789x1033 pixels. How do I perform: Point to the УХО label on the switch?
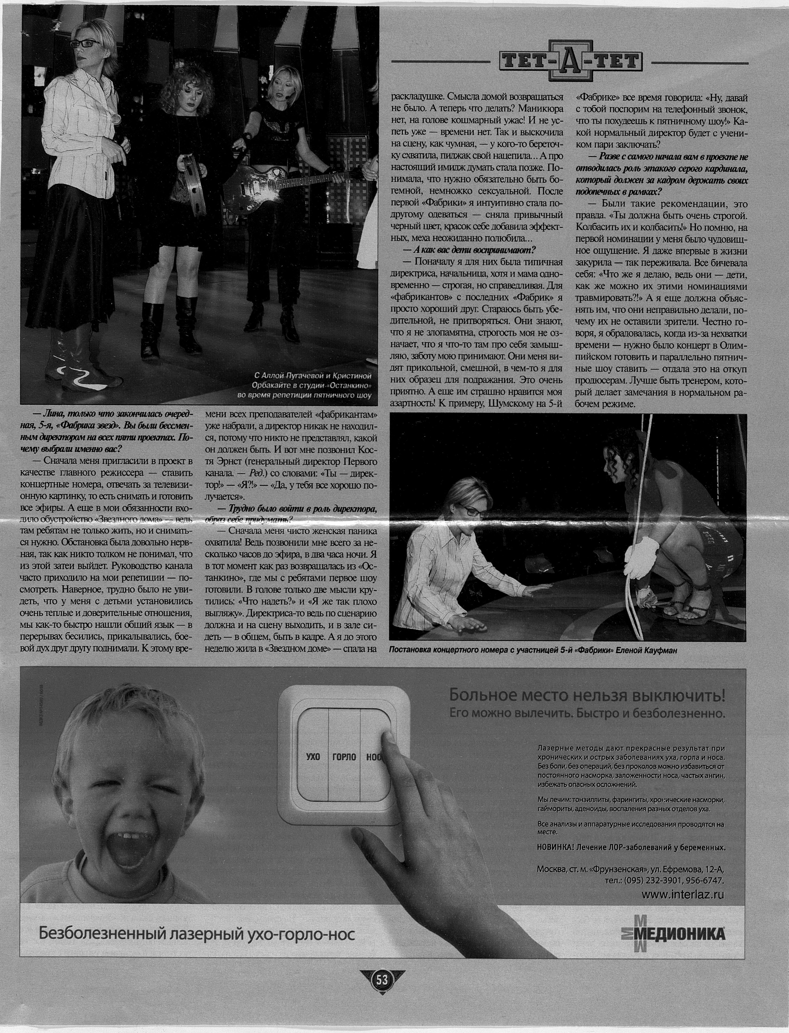[x=313, y=757]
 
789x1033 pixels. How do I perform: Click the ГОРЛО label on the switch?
[x=344, y=757]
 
